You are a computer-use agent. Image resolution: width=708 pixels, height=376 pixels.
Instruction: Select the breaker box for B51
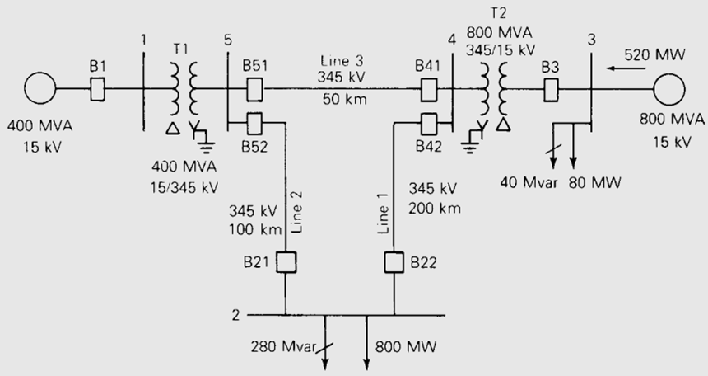pyautogui.click(x=254, y=87)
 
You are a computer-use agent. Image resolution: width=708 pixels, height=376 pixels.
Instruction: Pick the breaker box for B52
pyautogui.click(x=254, y=122)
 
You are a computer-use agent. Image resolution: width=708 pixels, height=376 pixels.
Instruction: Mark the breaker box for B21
pyautogui.click(x=286, y=262)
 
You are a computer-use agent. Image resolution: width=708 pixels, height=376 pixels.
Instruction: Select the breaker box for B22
pyautogui.click(x=395, y=262)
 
